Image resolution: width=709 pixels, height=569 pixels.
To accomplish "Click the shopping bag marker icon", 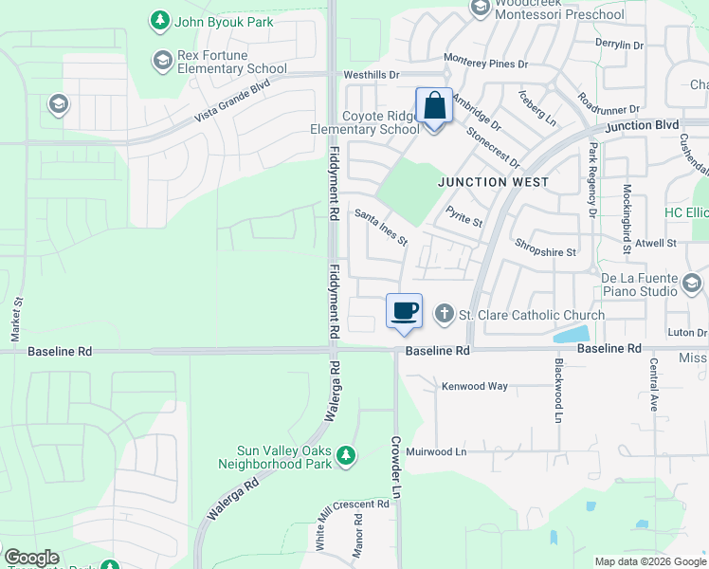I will click(x=434, y=106).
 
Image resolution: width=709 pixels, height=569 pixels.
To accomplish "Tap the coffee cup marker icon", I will click(x=404, y=311).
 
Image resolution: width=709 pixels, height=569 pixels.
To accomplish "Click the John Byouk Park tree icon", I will click(x=160, y=20).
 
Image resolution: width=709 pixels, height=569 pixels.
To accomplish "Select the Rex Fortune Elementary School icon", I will click(x=161, y=60).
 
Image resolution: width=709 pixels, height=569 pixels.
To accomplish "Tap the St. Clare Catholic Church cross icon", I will click(x=444, y=314).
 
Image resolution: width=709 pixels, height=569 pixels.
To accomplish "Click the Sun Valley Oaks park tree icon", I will click(x=347, y=456).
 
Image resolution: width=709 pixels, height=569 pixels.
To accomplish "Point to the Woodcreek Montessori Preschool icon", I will click(x=480, y=8).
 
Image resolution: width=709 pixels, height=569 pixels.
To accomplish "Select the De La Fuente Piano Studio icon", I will click(x=692, y=282).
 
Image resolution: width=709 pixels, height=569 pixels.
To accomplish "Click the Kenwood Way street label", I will click(x=475, y=386).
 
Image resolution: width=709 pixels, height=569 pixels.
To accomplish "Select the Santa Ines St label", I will click(x=380, y=228).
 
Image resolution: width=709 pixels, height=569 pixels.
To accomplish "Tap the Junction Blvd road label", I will click(x=642, y=125).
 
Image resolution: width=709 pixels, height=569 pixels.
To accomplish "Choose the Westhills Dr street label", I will click(x=372, y=74).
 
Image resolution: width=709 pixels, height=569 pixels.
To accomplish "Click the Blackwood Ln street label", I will click(x=559, y=390).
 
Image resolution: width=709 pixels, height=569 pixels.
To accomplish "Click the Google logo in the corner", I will click(x=31, y=558).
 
